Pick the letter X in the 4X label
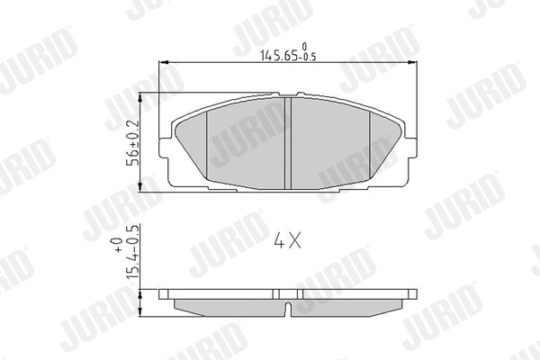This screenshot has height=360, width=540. [296, 241]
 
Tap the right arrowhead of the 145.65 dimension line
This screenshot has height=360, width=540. [418, 62]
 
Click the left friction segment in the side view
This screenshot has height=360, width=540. [225, 306]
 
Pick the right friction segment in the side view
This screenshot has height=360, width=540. [351, 306]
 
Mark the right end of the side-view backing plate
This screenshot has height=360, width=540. [414, 293]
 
